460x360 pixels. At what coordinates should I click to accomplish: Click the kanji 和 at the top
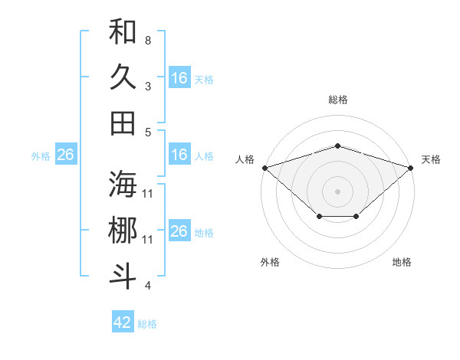pos(123,31)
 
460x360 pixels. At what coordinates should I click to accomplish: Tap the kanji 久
pos(123,77)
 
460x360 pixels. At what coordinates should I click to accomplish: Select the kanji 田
pos(123,123)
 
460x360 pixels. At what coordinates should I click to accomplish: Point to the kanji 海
pos(123,184)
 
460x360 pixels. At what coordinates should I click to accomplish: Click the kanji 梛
pos(123,231)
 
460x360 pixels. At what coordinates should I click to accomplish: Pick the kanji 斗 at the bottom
pos(123,276)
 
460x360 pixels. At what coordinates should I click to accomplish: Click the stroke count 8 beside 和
pos(148,40)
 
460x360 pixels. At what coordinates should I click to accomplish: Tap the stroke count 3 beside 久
pos(148,86)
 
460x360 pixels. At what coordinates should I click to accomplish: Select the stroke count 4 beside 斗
pos(148,286)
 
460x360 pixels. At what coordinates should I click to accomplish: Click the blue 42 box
pos(123,322)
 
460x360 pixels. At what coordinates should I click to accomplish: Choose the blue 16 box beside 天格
pos(179,78)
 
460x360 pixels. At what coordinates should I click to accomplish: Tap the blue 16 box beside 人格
pos(179,155)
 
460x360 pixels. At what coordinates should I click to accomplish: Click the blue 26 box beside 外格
pos(65,155)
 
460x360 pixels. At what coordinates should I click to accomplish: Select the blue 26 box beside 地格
pos(179,231)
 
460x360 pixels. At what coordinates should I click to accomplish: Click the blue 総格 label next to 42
pos(148,324)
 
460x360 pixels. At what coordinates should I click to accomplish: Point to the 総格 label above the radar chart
pos(338,100)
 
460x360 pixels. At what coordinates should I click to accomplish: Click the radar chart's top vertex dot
pos(338,146)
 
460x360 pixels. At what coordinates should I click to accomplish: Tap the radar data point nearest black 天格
pos(412,167)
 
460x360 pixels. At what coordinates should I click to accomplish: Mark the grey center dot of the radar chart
pos(338,191)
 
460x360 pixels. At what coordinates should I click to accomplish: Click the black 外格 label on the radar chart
pos(270,262)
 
